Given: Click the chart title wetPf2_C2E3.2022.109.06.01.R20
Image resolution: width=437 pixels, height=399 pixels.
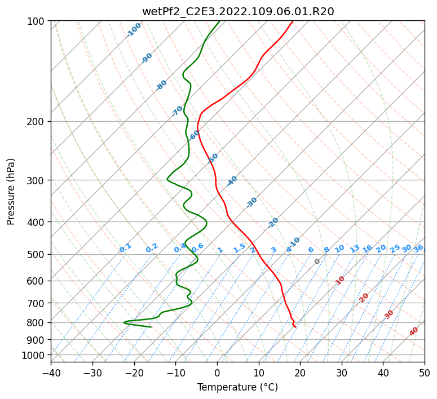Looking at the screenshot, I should (237, 11).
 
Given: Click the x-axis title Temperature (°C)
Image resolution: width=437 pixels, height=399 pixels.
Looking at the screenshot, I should (237, 387).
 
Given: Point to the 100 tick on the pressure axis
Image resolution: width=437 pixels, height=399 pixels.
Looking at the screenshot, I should (37, 21).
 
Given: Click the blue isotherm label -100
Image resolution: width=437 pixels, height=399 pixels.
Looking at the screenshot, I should (134, 29).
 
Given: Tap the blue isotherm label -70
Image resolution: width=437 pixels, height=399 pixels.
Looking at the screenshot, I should (177, 110).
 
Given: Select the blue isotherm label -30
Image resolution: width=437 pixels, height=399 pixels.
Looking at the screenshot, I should (251, 202).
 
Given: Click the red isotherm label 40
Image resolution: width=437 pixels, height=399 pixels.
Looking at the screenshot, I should (414, 331).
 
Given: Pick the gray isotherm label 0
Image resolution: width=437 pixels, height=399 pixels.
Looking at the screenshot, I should (317, 261).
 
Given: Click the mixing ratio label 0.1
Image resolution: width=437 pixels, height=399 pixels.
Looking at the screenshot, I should (125, 248).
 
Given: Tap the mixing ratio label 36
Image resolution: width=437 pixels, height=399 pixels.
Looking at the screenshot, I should (418, 248).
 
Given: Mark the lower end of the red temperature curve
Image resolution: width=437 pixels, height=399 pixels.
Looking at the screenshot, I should (295, 327).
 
